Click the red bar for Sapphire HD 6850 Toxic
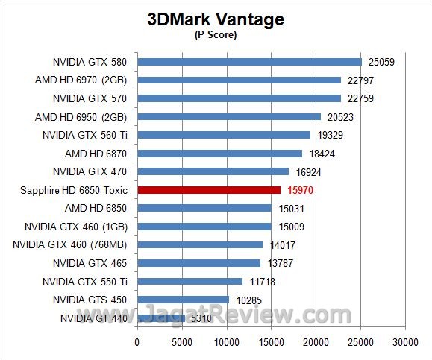click(208, 190)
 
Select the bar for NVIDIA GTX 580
click(249, 62)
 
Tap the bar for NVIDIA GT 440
click(160, 318)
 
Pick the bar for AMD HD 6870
click(219, 154)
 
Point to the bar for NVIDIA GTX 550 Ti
click(190, 281)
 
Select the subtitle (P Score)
click(216, 36)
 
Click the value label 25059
click(381, 62)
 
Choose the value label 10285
click(248, 300)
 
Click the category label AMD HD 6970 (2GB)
click(81, 80)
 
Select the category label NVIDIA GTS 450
click(90, 300)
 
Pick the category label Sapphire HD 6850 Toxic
click(74, 190)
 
